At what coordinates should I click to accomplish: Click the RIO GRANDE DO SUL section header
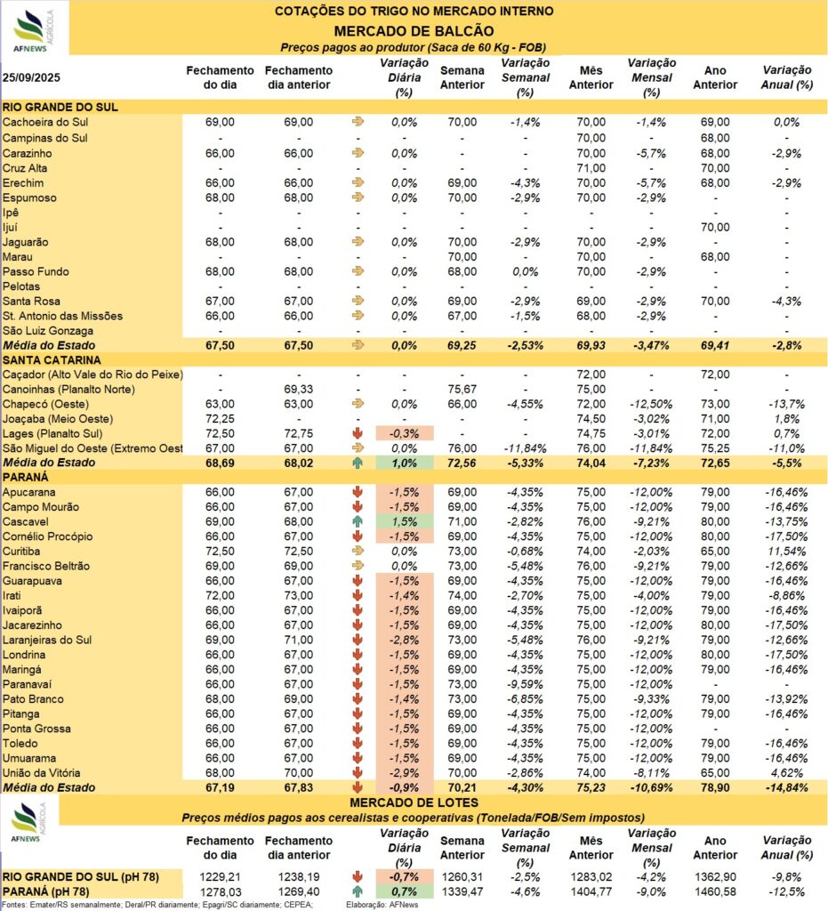[x=61, y=107]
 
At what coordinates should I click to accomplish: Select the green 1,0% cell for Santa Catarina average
[x=404, y=463]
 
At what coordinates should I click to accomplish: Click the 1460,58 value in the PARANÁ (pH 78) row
[x=714, y=891]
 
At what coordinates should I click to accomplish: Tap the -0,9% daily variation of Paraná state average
[x=404, y=788]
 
